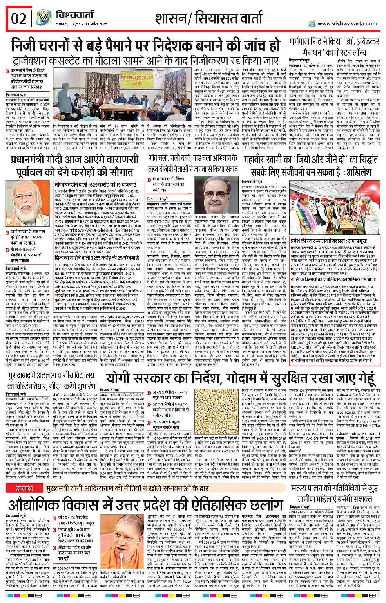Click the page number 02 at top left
coord(19,19)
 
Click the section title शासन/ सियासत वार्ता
coord(208,19)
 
